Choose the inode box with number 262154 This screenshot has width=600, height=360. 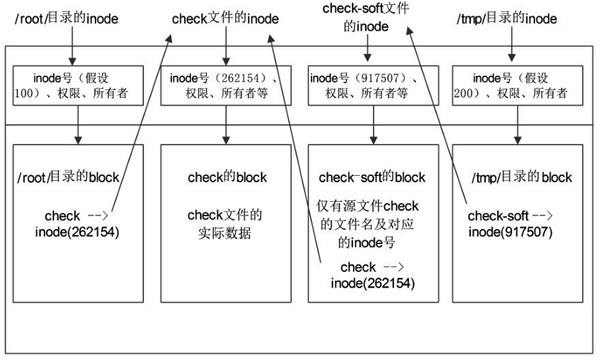click(225, 88)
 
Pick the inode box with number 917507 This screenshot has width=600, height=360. click(372, 88)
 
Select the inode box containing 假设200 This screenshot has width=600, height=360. click(515, 88)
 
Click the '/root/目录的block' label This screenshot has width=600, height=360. click(68, 178)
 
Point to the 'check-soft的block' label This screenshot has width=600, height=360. click(372, 177)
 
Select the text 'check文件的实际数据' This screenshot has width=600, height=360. click(225, 224)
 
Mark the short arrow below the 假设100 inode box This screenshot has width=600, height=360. click(78, 128)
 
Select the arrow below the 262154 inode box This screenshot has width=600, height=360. click(225, 128)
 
